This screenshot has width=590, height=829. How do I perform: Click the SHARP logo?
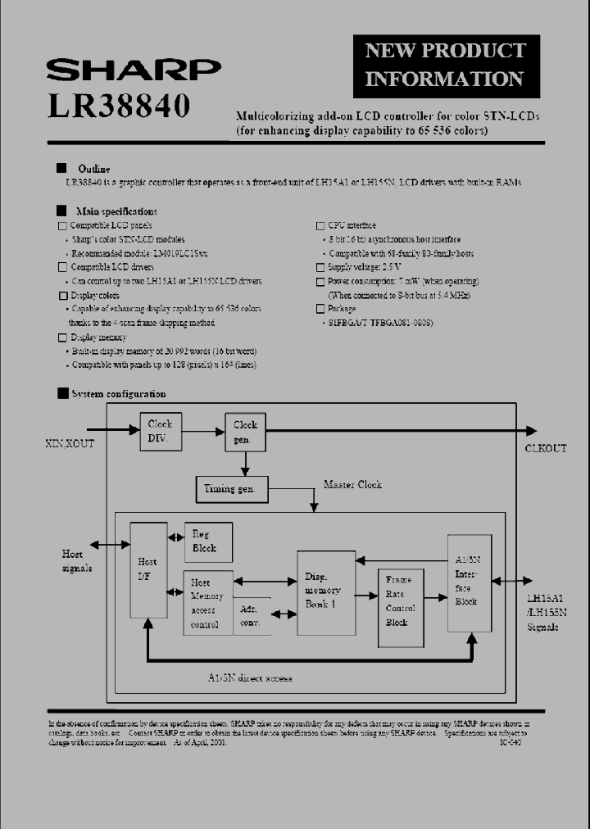point(133,70)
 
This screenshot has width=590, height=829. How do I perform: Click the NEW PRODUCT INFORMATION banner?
point(446,65)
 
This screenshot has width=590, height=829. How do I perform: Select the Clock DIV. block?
point(161,431)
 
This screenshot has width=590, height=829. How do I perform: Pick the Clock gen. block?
point(245,432)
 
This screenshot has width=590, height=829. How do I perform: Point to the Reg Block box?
point(208,541)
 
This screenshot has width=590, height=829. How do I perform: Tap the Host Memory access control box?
point(207,601)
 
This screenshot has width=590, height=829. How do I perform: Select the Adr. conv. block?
point(251,616)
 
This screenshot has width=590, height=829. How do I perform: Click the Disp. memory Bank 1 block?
point(326,592)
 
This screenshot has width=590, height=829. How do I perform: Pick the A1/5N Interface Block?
point(470,582)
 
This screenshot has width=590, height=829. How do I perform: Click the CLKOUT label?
point(545,448)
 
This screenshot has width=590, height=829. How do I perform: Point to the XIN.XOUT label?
point(70,443)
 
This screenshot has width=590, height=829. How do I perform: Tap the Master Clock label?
point(352,484)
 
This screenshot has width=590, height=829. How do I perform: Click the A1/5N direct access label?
point(250,677)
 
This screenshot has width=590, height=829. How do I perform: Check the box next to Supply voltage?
point(320,267)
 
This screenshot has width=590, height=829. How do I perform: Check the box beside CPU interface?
point(320,225)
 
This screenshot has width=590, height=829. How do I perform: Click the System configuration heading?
point(118,394)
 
